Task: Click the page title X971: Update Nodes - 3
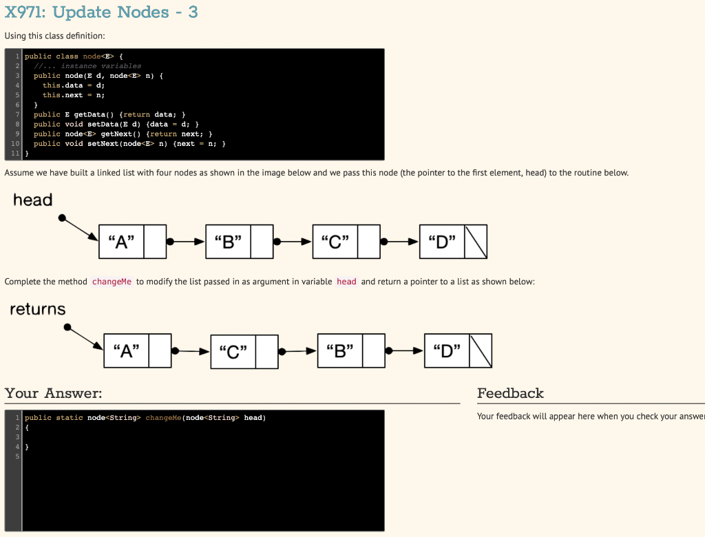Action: [101, 12]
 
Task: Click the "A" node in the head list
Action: [121, 242]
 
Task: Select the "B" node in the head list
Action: [228, 242]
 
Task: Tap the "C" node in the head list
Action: [335, 242]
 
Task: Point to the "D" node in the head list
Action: [441, 242]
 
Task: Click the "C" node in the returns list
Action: [233, 351]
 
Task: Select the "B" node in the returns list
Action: [340, 351]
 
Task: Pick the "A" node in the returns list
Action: [126, 351]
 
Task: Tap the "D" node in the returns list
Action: [447, 351]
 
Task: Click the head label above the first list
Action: [32, 200]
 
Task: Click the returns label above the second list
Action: [38, 309]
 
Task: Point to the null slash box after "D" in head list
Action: [476, 242]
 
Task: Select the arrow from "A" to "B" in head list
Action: [186, 242]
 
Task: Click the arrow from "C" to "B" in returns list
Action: [298, 351]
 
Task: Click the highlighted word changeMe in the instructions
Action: [112, 282]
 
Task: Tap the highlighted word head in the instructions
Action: [346, 282]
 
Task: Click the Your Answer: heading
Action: [53, 393]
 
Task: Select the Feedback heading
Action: [510, 393]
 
